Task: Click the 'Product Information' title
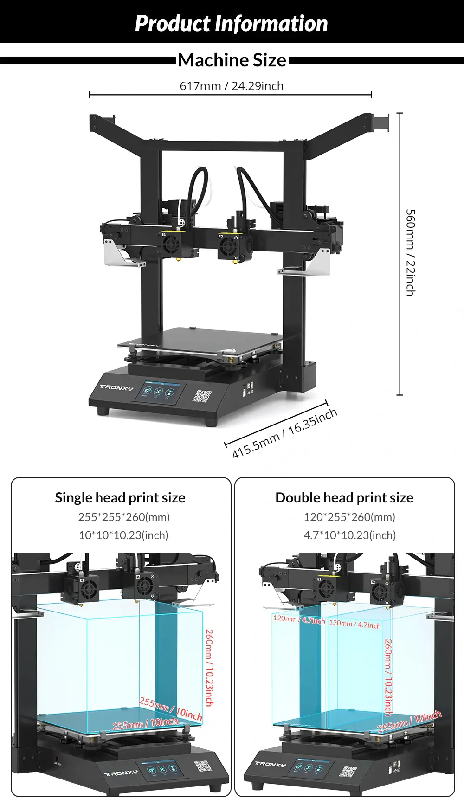[x=231, y=24]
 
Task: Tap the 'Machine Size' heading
[x=232, y=60]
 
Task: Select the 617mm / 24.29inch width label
[x=232, y=86]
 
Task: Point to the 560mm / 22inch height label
[x=410, y=252]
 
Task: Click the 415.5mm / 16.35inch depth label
[x=284, y=433]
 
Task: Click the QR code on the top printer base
[x=202, y=396]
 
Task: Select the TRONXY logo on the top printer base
[x=116, y=387]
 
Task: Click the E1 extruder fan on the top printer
[x=171, y=243]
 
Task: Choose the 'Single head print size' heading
[x=120, y=498]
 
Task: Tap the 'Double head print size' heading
[x=344, y=498]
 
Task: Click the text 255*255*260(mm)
[x=124, y=517]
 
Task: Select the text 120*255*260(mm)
[x=349, y=517]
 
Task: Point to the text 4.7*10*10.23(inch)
[x=350, y=535]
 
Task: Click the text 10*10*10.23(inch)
[x=123, y=535]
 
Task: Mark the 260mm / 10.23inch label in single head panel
[x=209, y=668]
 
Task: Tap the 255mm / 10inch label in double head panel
[x=409, y=722]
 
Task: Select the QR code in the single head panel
[x=202, y=766]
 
